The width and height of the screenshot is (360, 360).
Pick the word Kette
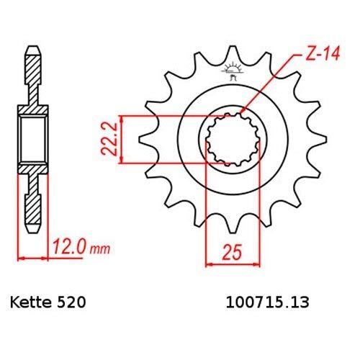click(30, 304)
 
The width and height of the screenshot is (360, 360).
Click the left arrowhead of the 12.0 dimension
click(19, 256)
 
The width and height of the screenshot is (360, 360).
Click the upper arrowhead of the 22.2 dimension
click(125, 117)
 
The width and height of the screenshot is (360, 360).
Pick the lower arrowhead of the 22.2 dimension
click(125, 161)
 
